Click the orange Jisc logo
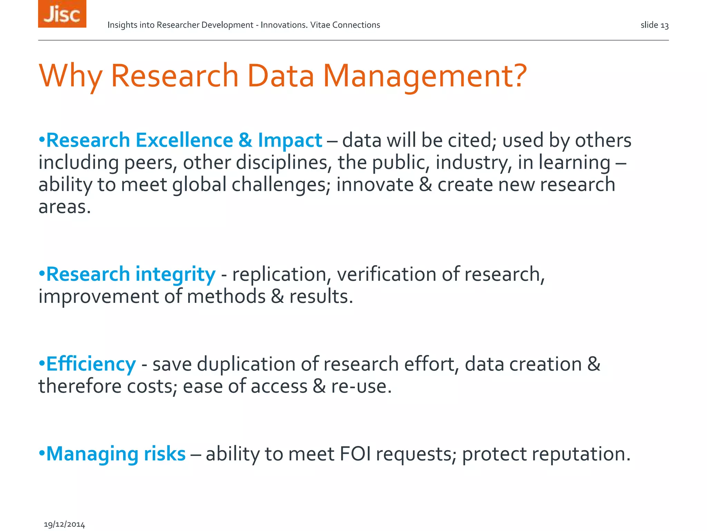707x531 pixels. (x=62, y=14)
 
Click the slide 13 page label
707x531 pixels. (x=655, y=25)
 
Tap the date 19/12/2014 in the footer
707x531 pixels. (x=64, y=524)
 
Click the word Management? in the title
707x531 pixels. (x=425, y=76)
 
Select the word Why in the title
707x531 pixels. (x=70, y=76)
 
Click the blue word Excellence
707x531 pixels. (x=184, y=140)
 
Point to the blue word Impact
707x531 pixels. (x=290, y=140)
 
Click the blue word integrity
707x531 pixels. (x=175, y=274)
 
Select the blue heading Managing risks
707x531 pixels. (x=116, y=454)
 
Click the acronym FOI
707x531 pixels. (x=355, y=454)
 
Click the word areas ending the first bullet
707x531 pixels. (x=64, y=207)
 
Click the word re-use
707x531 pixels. (x=361, y=386)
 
